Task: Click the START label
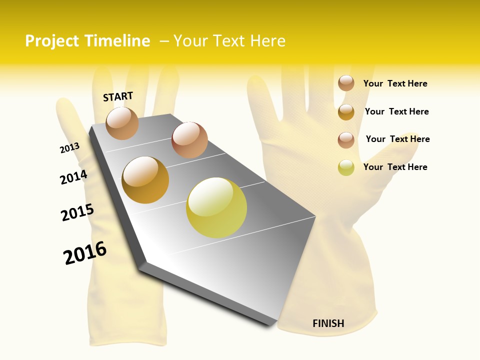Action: click(118, 96)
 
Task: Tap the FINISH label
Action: click(328, 323)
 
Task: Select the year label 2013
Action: click(69, 148)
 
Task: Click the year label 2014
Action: click(73, 177)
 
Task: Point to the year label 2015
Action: click(77, 212)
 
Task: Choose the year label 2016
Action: click(85, 253)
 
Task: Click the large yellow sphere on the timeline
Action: click(216, 207)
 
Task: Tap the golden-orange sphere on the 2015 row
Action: click(145, 180)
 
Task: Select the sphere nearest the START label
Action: click(122, 123)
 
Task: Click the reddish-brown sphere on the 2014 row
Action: click(189, 140)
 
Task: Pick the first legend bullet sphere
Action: click(346, 83)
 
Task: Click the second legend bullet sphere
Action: click(346, 111)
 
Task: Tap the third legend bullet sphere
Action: click(346, 139)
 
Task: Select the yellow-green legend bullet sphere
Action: click(346, 167)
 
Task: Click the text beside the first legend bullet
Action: click(395, 83)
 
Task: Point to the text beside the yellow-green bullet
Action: click(395, 167)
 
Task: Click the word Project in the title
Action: click(52, 41)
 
